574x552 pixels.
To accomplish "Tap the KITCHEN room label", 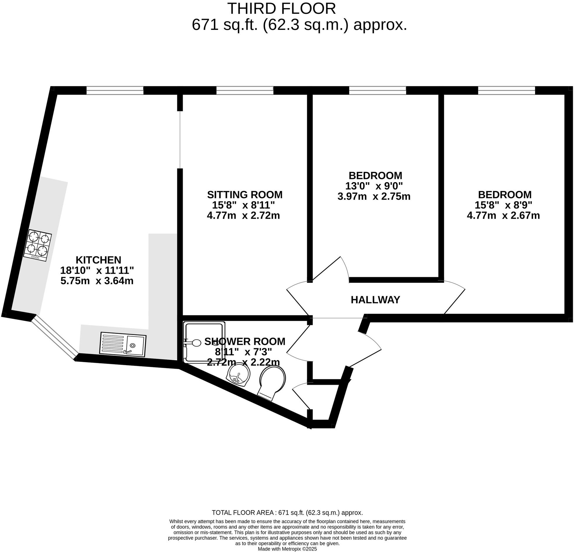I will (x=98, y=260).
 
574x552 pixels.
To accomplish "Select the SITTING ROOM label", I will (x=245, y=195).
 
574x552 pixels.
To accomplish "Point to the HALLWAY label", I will (x=375, y=300).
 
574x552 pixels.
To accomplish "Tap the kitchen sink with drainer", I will (x=123, y=344).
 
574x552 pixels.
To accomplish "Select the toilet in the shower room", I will (x=271, y=382).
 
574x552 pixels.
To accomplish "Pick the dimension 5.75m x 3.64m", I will (x=97, y=281).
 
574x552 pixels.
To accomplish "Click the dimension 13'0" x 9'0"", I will (x=374, y=186).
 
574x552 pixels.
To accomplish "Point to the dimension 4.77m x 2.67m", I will (x=503, y=216).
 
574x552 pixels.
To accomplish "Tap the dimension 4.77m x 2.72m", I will (x=243, y=216).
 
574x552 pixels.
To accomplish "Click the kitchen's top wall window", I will (x=115, y=90).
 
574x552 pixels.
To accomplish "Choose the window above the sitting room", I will (x=245, y=90).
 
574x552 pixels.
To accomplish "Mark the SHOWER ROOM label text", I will (x=245, y=341).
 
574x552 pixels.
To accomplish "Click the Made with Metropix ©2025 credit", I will (x=287, y=549).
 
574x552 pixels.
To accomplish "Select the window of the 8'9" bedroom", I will (x=507, y=90).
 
